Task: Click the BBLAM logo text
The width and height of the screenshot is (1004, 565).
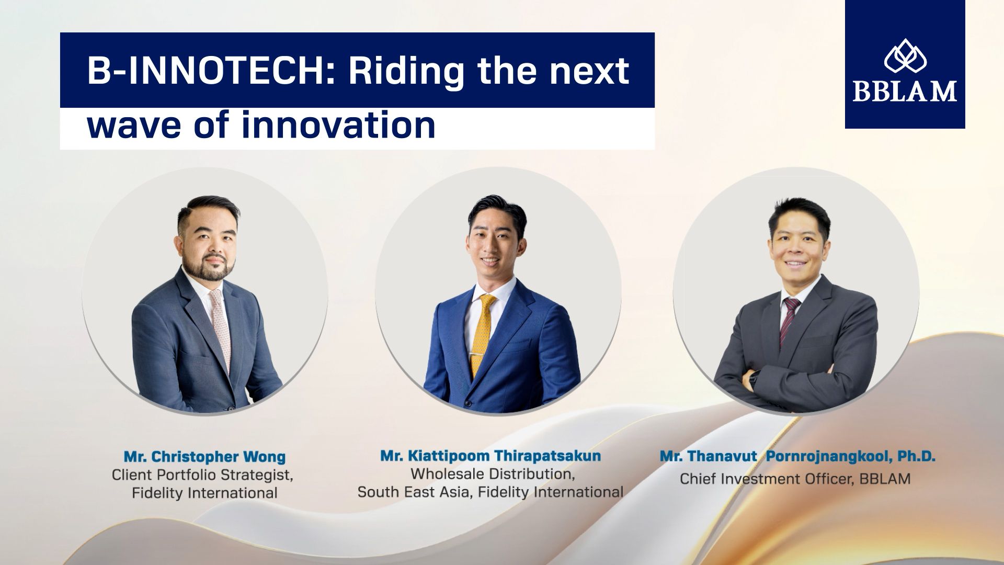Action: tap(905, 91)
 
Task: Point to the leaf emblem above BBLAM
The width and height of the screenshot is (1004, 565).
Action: tap(905, 55)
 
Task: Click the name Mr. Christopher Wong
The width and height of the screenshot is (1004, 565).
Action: tap(204, 456)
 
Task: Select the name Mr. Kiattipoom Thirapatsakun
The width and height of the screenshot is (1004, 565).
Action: tap(490, 456)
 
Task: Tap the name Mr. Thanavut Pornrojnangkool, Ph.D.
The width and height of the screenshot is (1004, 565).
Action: tap(797, 456)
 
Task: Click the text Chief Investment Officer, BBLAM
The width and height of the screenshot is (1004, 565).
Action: tap(795, 479)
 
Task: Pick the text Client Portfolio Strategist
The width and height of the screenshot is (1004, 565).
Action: tap(202, 476)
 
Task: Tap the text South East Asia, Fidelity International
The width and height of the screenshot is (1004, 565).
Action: tap(490, 492)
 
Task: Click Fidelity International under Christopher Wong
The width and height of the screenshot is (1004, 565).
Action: tap(204, 493)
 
